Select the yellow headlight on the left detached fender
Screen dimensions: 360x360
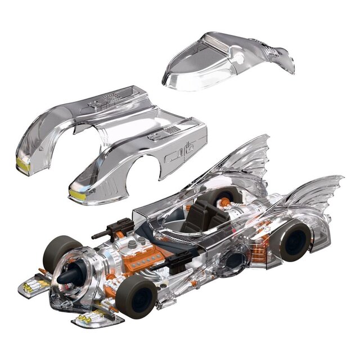coord(23,164)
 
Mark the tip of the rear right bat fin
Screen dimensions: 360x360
coord(340,180)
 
